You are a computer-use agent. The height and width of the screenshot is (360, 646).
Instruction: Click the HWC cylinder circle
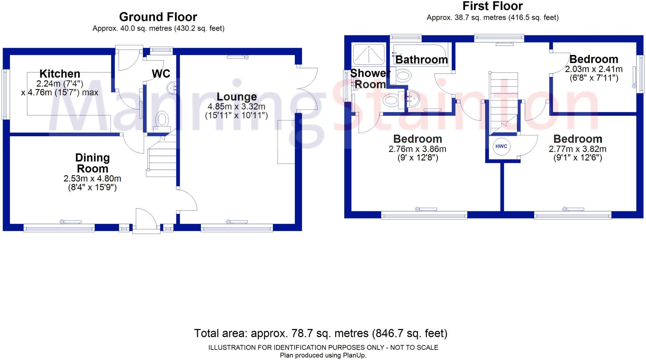[501, 146]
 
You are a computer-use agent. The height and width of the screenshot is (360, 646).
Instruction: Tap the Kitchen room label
[60, 74]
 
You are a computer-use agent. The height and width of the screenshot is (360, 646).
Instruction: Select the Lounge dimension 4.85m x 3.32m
[236, 107]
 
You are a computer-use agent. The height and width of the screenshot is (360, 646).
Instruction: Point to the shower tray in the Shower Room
[368, 54]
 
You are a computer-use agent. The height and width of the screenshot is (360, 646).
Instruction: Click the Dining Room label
[92, 163]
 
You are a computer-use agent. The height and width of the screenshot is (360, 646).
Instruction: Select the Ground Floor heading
[158, 17]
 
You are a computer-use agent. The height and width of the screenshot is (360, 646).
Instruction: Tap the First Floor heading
[492, 6]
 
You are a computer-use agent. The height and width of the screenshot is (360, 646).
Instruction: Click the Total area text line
[320, 333]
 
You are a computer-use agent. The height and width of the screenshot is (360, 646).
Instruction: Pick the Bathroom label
[421, 60]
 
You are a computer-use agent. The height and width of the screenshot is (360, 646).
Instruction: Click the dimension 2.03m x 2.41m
[594, 69]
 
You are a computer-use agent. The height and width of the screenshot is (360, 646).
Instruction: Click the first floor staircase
[503, 101]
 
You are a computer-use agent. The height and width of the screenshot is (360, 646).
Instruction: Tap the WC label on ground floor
[161, 74]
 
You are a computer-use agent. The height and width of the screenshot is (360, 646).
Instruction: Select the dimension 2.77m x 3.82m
[578, 149]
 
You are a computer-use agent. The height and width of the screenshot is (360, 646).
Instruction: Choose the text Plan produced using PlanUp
[323, 356]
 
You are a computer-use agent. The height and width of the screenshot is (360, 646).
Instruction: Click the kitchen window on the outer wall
[4, 94]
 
